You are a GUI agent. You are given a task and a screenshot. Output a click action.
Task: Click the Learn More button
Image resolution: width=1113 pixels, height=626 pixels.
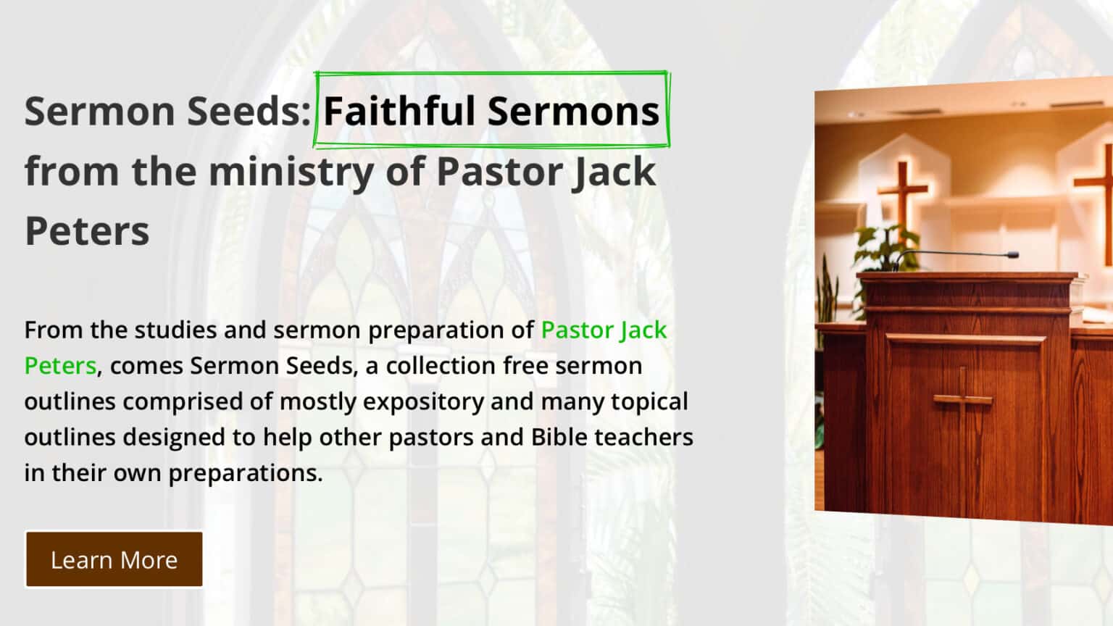(114, 560)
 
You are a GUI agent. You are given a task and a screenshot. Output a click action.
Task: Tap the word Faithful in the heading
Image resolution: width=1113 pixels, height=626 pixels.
(399, 111)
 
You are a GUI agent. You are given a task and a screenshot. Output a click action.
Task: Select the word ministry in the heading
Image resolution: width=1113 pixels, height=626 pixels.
(291, 172)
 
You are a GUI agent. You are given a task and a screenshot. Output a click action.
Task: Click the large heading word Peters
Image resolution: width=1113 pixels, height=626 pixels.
(87, 231)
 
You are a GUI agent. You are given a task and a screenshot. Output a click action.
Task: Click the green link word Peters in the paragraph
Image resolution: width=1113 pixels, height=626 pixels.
(60, 366)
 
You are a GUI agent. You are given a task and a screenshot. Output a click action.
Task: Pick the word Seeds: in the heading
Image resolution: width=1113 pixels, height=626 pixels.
(249, 111)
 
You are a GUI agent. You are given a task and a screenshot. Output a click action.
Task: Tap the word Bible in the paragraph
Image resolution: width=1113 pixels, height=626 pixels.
(559, 437)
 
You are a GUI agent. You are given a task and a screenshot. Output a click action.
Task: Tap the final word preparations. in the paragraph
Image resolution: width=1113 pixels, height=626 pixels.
(246, 473)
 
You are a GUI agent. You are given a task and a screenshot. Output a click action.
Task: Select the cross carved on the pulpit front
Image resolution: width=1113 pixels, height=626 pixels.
(962, 400)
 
